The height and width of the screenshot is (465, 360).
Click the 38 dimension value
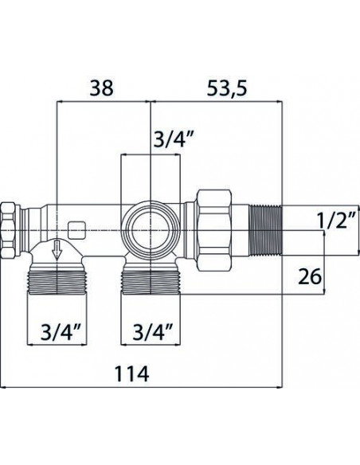click(x=102, y=88)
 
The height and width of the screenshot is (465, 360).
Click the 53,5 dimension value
click(x=226, y=88)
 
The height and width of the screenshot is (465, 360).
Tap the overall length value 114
click(x=131, y=374)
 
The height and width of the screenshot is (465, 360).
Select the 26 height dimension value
click(x=309, y=276)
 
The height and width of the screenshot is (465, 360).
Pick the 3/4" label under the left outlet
click(x=61, y=332)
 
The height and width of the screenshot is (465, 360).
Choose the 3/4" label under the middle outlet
click(x=153, y=332)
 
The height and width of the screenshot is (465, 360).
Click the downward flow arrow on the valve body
click(x=57, y=251)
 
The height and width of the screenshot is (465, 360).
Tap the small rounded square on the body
click(x=76, y=230)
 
